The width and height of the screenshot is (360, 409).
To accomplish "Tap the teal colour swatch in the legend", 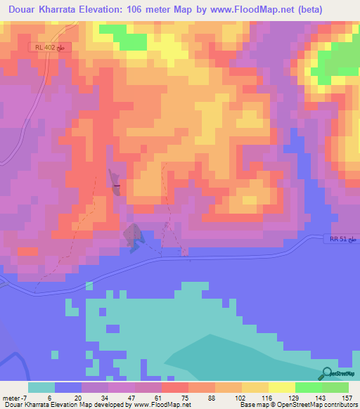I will point(41,387).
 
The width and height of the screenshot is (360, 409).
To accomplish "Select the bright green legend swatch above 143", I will point(309,387).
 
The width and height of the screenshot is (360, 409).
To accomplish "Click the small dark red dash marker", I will point(117,186).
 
